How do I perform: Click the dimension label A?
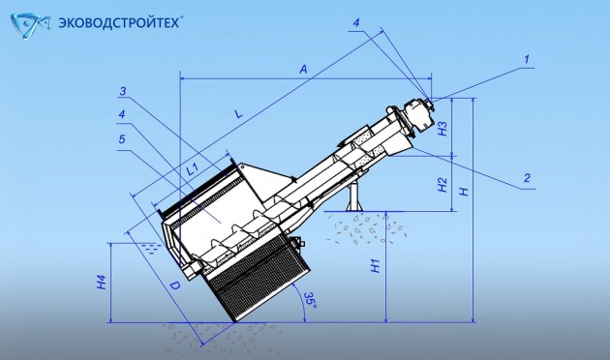[303, 70]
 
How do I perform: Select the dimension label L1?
[192, 168]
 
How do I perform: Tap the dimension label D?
[174, 285]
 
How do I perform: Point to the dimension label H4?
[102, 282]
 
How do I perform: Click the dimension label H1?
[376, 265]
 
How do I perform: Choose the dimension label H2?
[442, 185]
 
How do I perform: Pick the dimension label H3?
[442, 129]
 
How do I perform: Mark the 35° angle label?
[310, 300]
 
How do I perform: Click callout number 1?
[526, 59]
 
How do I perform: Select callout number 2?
[527, 178]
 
